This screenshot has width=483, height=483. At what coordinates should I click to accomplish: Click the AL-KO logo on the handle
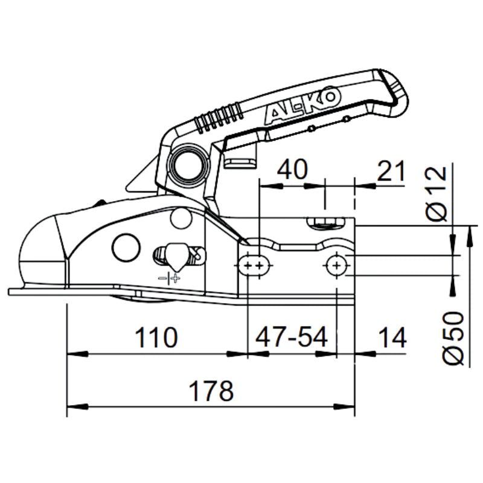tap(302, 105)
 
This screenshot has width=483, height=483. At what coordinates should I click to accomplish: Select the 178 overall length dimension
tap(211, 391)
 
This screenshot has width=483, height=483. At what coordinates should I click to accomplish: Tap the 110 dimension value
tap(156, 337)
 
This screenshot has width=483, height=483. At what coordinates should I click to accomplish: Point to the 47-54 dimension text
tap(292, 337)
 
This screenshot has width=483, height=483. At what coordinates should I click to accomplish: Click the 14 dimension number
tap(392, 337)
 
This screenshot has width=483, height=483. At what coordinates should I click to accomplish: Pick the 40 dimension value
tap(292, 169)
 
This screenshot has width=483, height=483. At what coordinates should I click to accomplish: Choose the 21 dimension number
tap(391, 171)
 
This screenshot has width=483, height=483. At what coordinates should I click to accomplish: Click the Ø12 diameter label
tap(437, 193)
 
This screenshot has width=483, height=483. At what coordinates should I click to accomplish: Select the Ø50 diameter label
tap(453, 338)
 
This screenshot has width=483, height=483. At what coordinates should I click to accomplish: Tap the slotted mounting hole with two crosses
tap(254, 265)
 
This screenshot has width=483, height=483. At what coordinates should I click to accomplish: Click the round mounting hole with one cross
tap(337, 265)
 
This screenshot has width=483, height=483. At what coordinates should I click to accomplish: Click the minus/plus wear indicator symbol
tap(170, 278)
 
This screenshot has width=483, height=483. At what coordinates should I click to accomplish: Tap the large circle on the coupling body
tap(126, 248)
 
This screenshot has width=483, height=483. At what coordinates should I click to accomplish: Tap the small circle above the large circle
tap(181, 219)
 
